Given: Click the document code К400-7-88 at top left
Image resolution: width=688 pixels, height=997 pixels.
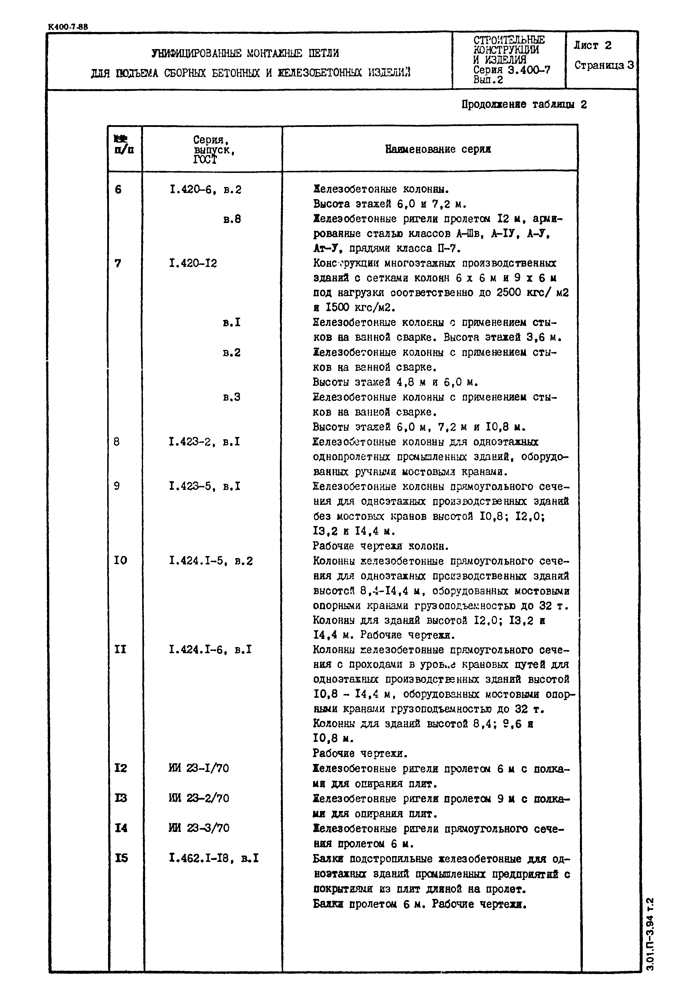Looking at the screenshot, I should click(68, 27).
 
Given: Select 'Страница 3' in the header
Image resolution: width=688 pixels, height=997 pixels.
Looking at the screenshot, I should click(604, 65).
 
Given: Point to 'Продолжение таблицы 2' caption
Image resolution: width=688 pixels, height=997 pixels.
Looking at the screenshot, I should click(524, 105).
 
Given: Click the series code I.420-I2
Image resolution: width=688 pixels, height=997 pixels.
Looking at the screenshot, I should click(193, 263).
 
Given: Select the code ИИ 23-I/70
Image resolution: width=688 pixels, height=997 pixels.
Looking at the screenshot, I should click(198, 768).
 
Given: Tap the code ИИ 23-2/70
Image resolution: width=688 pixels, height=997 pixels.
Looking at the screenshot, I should click(199, 798).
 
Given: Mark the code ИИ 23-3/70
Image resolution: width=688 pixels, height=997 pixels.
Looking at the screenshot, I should click(199, 828).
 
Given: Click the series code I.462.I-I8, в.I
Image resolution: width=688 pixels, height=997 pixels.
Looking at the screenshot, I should click(214, 858).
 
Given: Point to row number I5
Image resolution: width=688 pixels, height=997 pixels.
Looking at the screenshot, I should click(121, 858).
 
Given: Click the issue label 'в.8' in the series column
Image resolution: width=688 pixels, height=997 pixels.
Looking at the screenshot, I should click(232, 219).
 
